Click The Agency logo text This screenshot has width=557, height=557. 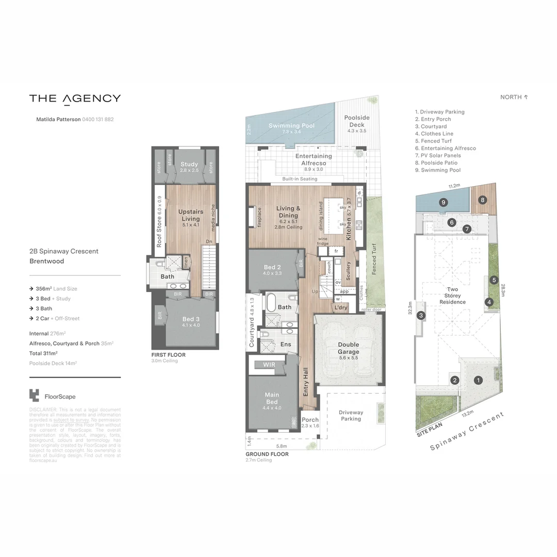(75, 99)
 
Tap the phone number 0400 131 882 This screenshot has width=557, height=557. (98, 119)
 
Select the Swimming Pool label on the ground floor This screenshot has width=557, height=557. (291, 126)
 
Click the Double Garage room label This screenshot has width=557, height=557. (349, 348)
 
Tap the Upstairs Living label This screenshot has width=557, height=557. (190, 215)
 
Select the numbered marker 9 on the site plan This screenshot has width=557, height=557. (443, 202)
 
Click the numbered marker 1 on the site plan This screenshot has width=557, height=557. (479, 381)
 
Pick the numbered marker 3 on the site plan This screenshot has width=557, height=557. (421, 316)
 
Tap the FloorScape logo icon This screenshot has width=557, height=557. (34, 396)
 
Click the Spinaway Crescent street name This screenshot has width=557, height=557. (467, 432)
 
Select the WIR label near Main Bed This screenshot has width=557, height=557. (269, 365)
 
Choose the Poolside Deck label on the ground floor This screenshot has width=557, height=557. (357, 121)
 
